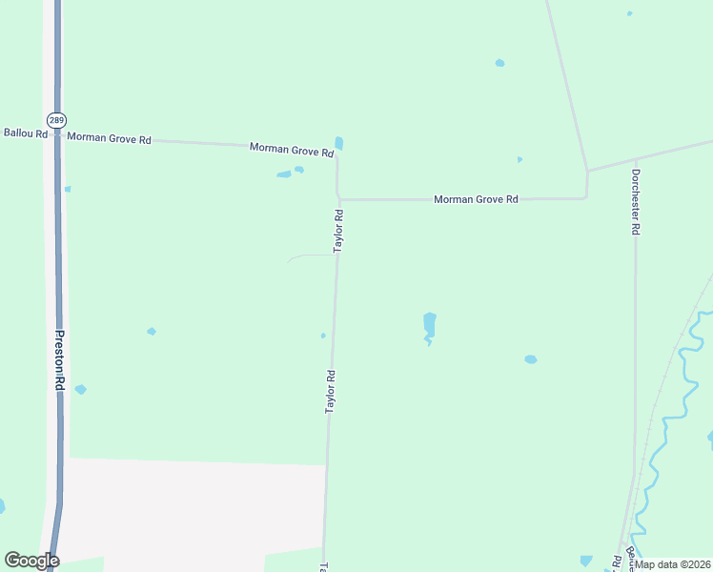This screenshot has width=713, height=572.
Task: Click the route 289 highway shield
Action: pos(55,120)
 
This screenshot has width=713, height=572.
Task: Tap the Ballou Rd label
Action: pos(26,133)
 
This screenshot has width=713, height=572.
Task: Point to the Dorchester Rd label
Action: pos(635,202)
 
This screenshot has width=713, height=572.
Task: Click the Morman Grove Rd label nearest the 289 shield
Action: pos(110,139)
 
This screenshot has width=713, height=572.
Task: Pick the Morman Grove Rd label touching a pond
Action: pos(292,150)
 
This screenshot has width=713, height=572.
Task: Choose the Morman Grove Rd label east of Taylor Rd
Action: pos(476,199)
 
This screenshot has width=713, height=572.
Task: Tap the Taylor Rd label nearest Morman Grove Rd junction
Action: pos(337,231)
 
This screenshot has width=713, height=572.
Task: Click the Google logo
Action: pos(31,561)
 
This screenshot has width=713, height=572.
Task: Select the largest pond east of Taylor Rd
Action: pos(429,325)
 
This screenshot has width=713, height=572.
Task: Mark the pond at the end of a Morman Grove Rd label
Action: pos(338,144)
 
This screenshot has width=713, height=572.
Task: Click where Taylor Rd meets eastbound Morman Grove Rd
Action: pos(338,200)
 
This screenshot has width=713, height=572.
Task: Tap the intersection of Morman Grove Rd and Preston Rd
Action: pos(57,136)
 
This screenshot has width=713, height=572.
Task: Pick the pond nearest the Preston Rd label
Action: pos(80,389)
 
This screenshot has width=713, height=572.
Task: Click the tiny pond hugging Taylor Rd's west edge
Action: pos(323,336)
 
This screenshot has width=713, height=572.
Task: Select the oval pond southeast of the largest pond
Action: pos(530,359)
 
